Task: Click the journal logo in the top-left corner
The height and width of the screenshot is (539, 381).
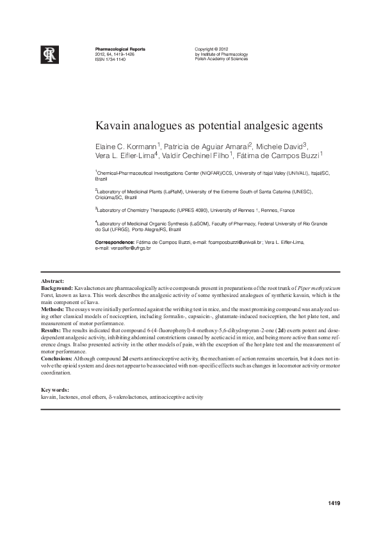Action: (50, 55)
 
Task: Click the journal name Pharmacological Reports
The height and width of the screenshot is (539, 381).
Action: (120, 49)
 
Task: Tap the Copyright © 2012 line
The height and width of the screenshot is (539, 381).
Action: (211, 49)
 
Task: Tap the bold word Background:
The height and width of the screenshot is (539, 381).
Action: (57, 289)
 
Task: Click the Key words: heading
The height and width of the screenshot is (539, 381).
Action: (54, 390)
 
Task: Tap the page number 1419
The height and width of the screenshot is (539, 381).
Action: (333, 503)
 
